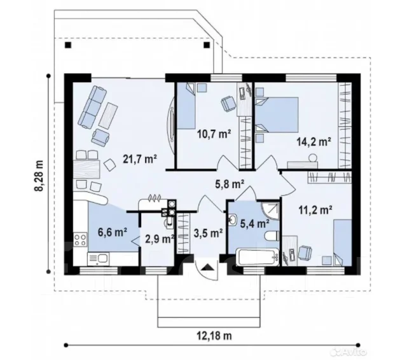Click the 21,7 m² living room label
tap(140, 159)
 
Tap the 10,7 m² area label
tap(214, 134)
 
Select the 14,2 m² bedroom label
tap(314, 142)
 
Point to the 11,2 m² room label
tap(315, 210)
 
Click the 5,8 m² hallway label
tap(230, 184)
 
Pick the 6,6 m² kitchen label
tap(113, 232)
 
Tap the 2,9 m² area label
tap(160, 239)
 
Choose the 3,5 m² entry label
tap(208, 233)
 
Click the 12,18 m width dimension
tap(214, 336)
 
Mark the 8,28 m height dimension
tap(39, 175)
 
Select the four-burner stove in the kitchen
tap(80, 240)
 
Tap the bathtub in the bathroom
tap(257, 257)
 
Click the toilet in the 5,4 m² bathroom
tap(272, 237)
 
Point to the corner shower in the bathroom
tap(270, 211)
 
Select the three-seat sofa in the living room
tap(93, 107)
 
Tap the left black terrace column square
tap(68, 45)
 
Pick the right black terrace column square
tap(207, 45)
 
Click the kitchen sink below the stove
tap(99, 260)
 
